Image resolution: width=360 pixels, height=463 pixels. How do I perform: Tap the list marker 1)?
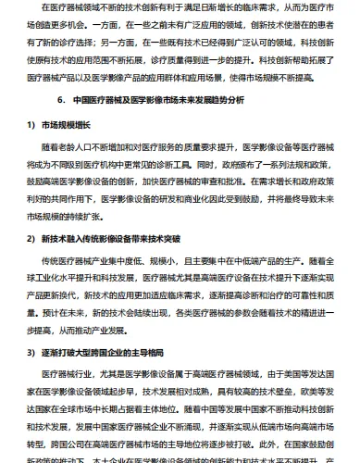click(19, 123)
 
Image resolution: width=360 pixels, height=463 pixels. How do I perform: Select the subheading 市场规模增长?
click(63, 123)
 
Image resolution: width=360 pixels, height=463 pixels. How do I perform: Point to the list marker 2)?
click(19, 238)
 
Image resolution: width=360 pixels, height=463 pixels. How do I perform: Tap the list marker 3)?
click(19, 353)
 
